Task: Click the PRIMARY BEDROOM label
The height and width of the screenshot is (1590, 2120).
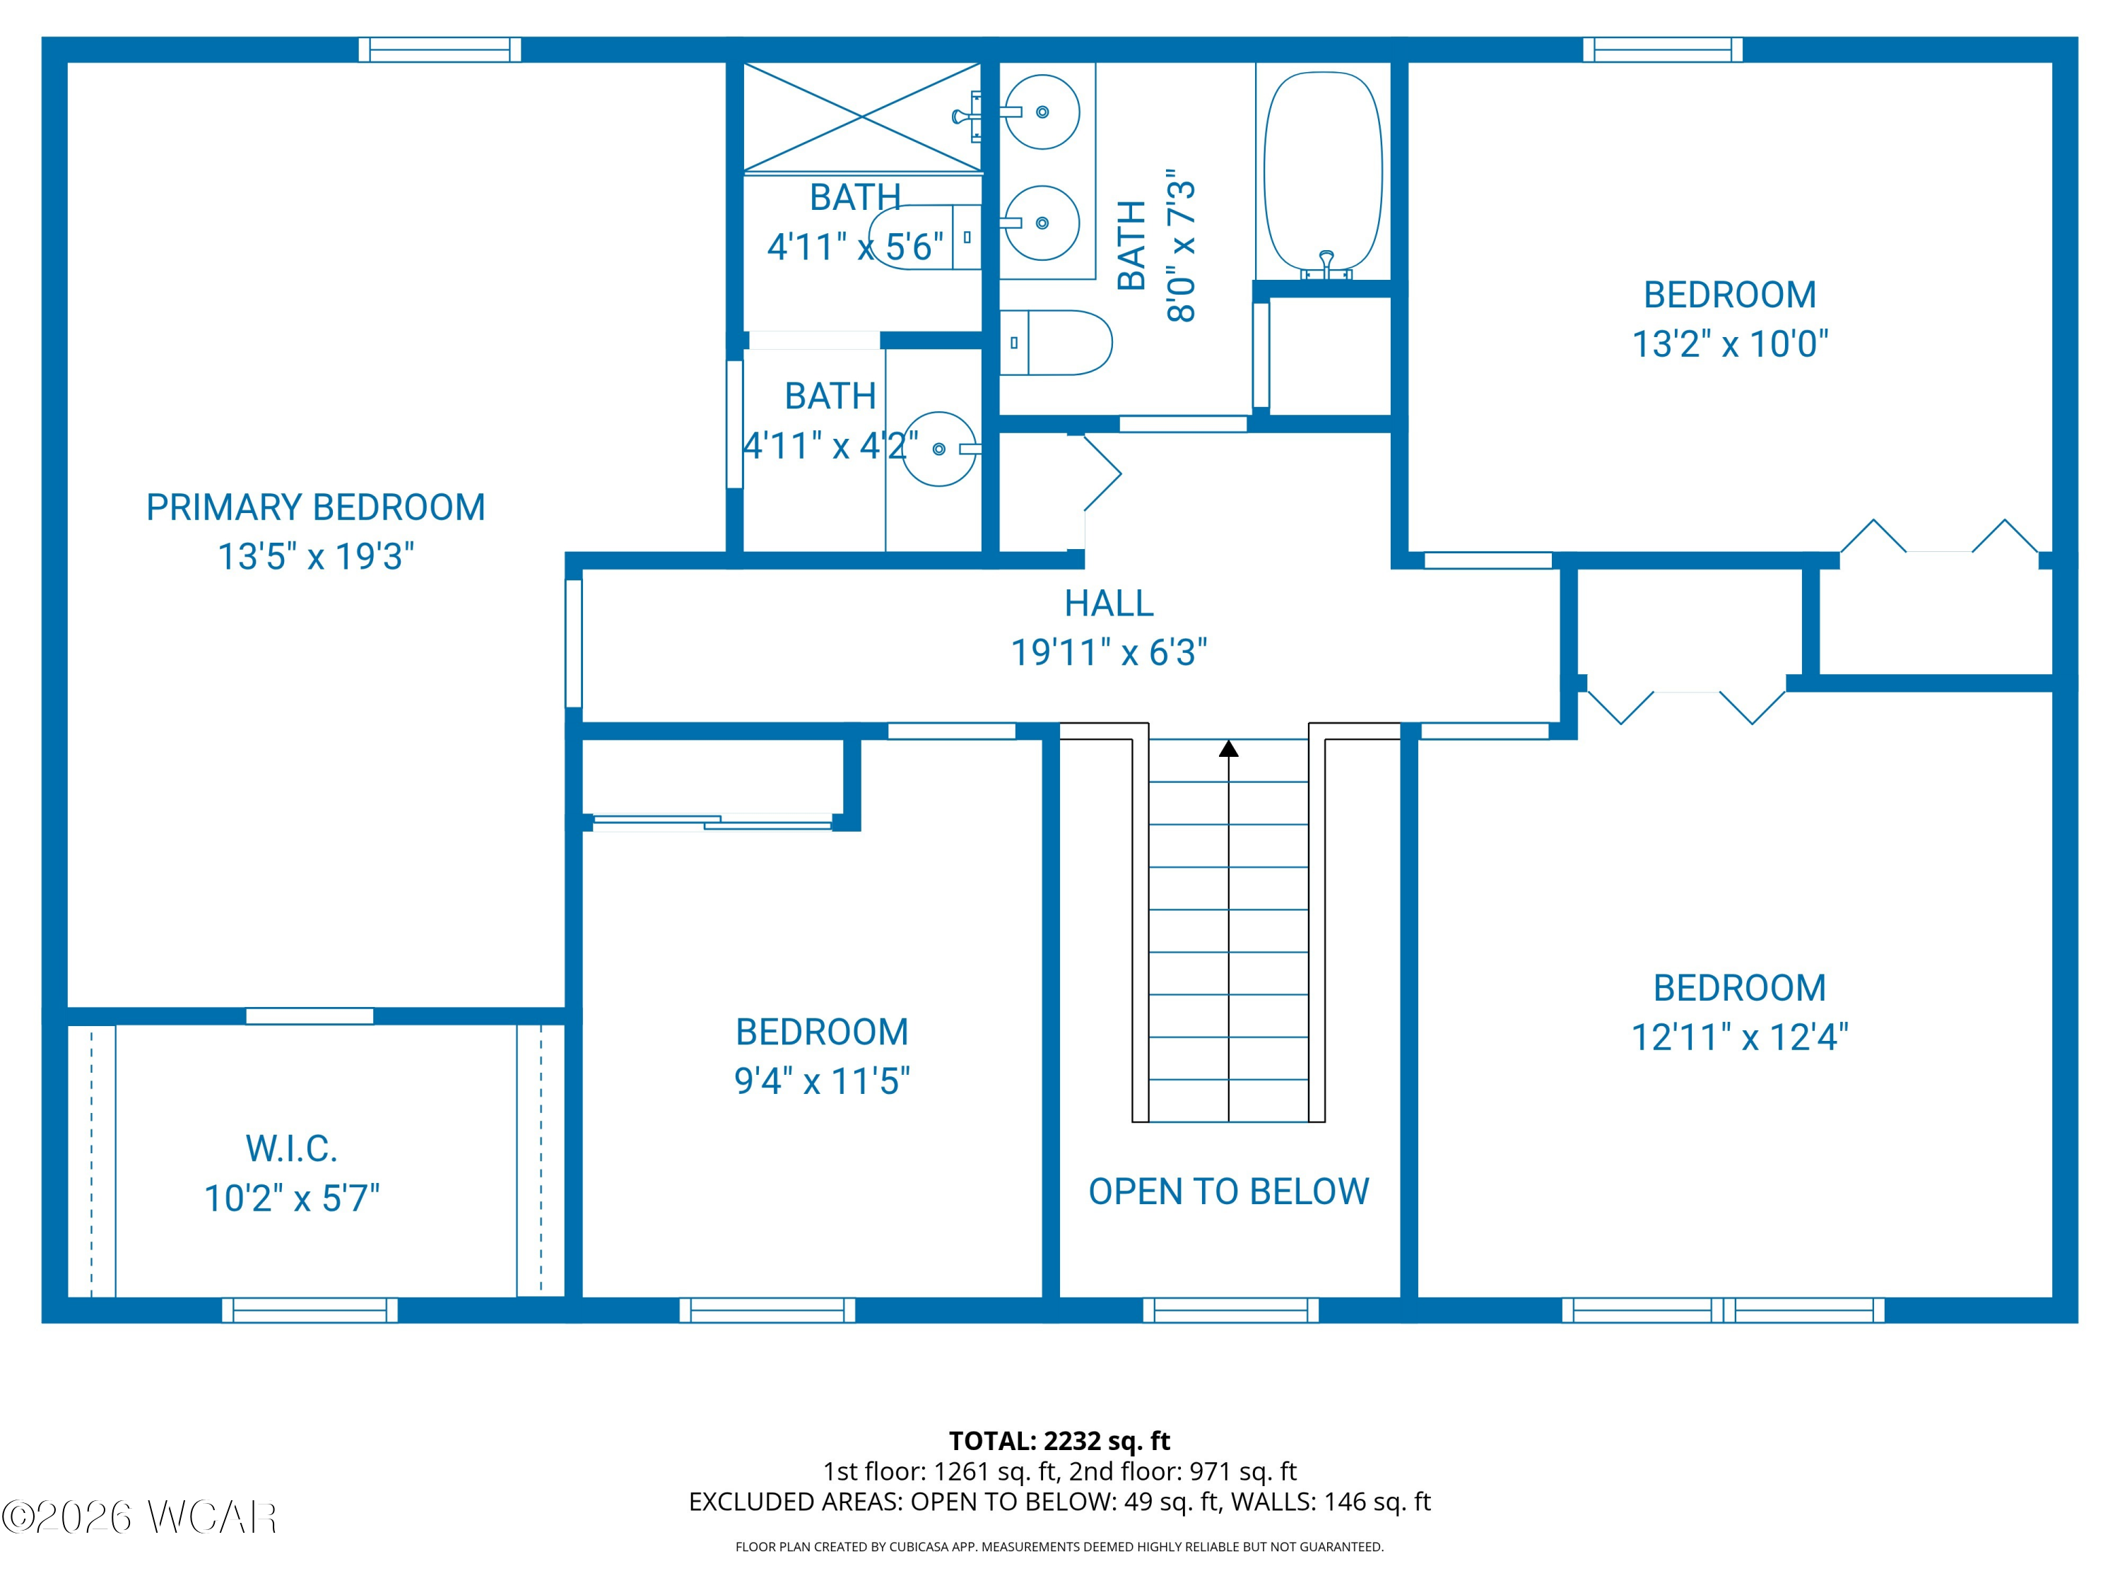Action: tap(315, 507)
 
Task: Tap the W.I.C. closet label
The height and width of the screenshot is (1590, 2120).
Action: tap(291, 1148)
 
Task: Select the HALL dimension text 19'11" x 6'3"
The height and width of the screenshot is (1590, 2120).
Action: tap(1109, 653)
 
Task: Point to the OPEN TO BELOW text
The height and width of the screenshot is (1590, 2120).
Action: tap(1229, 1191)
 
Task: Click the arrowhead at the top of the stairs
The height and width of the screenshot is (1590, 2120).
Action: tap(1229, 748)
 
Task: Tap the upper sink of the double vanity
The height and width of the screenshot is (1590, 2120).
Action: tap(1043, 112)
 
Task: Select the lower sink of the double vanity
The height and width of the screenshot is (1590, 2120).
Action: tap(1043, 223)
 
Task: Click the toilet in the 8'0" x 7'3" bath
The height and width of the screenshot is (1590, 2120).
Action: tap(1055, 342)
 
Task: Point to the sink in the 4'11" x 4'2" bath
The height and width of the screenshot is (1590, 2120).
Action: tap(939, 449)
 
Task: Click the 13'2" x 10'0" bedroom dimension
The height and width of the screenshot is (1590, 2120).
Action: tap(1730, 344)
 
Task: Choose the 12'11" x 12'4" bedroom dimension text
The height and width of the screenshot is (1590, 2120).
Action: tap(1740, 1037)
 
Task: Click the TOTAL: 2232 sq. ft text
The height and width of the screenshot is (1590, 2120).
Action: tap(1059, 1440)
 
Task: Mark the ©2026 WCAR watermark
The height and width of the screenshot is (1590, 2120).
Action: tap(140, 1517)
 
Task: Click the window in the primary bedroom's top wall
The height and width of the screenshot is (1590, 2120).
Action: tap(440, 50)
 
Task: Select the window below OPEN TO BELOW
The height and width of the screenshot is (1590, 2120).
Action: tap(1230, 1310)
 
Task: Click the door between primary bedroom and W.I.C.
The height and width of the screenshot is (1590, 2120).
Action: tap(310, 1016)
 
